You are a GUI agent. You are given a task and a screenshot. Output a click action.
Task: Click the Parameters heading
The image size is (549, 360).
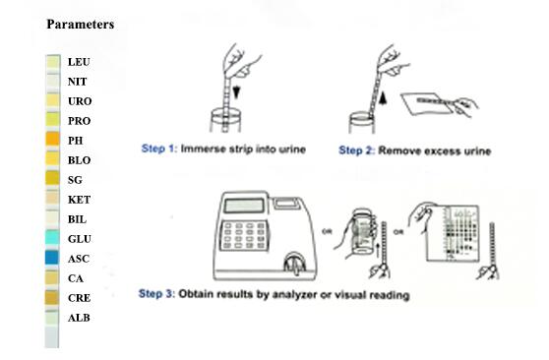coord(81,25)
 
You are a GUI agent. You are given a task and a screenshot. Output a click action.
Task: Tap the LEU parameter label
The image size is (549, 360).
coord(79,62)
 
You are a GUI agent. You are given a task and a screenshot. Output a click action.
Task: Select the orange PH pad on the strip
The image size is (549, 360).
coord(52,139)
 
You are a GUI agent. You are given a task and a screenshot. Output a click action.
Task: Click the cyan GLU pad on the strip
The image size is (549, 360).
coord(52,237)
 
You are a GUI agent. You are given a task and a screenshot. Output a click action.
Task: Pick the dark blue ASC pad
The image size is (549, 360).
coord(52,257)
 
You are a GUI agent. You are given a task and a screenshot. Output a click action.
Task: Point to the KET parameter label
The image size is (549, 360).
coord(79,200)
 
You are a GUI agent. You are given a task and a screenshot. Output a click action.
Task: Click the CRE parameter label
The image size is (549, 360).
coord(79,298)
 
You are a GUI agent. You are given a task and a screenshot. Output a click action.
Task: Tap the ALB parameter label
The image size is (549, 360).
coord(79,318)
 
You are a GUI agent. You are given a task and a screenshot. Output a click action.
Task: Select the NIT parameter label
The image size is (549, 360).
coord(78,82)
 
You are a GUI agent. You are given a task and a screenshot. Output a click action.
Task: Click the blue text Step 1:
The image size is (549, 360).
coord(159,149)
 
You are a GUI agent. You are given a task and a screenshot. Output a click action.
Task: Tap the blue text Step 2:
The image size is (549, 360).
coord(357,150)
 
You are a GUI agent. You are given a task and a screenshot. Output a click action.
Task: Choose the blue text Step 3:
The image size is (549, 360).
coord(156,293)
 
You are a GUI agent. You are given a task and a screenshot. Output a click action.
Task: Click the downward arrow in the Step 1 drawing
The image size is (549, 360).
coord(237,92)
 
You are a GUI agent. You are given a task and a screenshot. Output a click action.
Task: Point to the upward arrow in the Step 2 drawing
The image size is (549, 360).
coord(383,98)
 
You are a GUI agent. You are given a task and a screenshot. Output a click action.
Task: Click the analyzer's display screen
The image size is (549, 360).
coord(244,206)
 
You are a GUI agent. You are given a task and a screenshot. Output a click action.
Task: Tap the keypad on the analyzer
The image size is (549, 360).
coord(244,236)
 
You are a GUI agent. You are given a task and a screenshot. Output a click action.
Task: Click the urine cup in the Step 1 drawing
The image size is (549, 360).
coord(225,120)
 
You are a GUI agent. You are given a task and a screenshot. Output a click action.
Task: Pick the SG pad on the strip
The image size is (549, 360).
coord(52,178)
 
